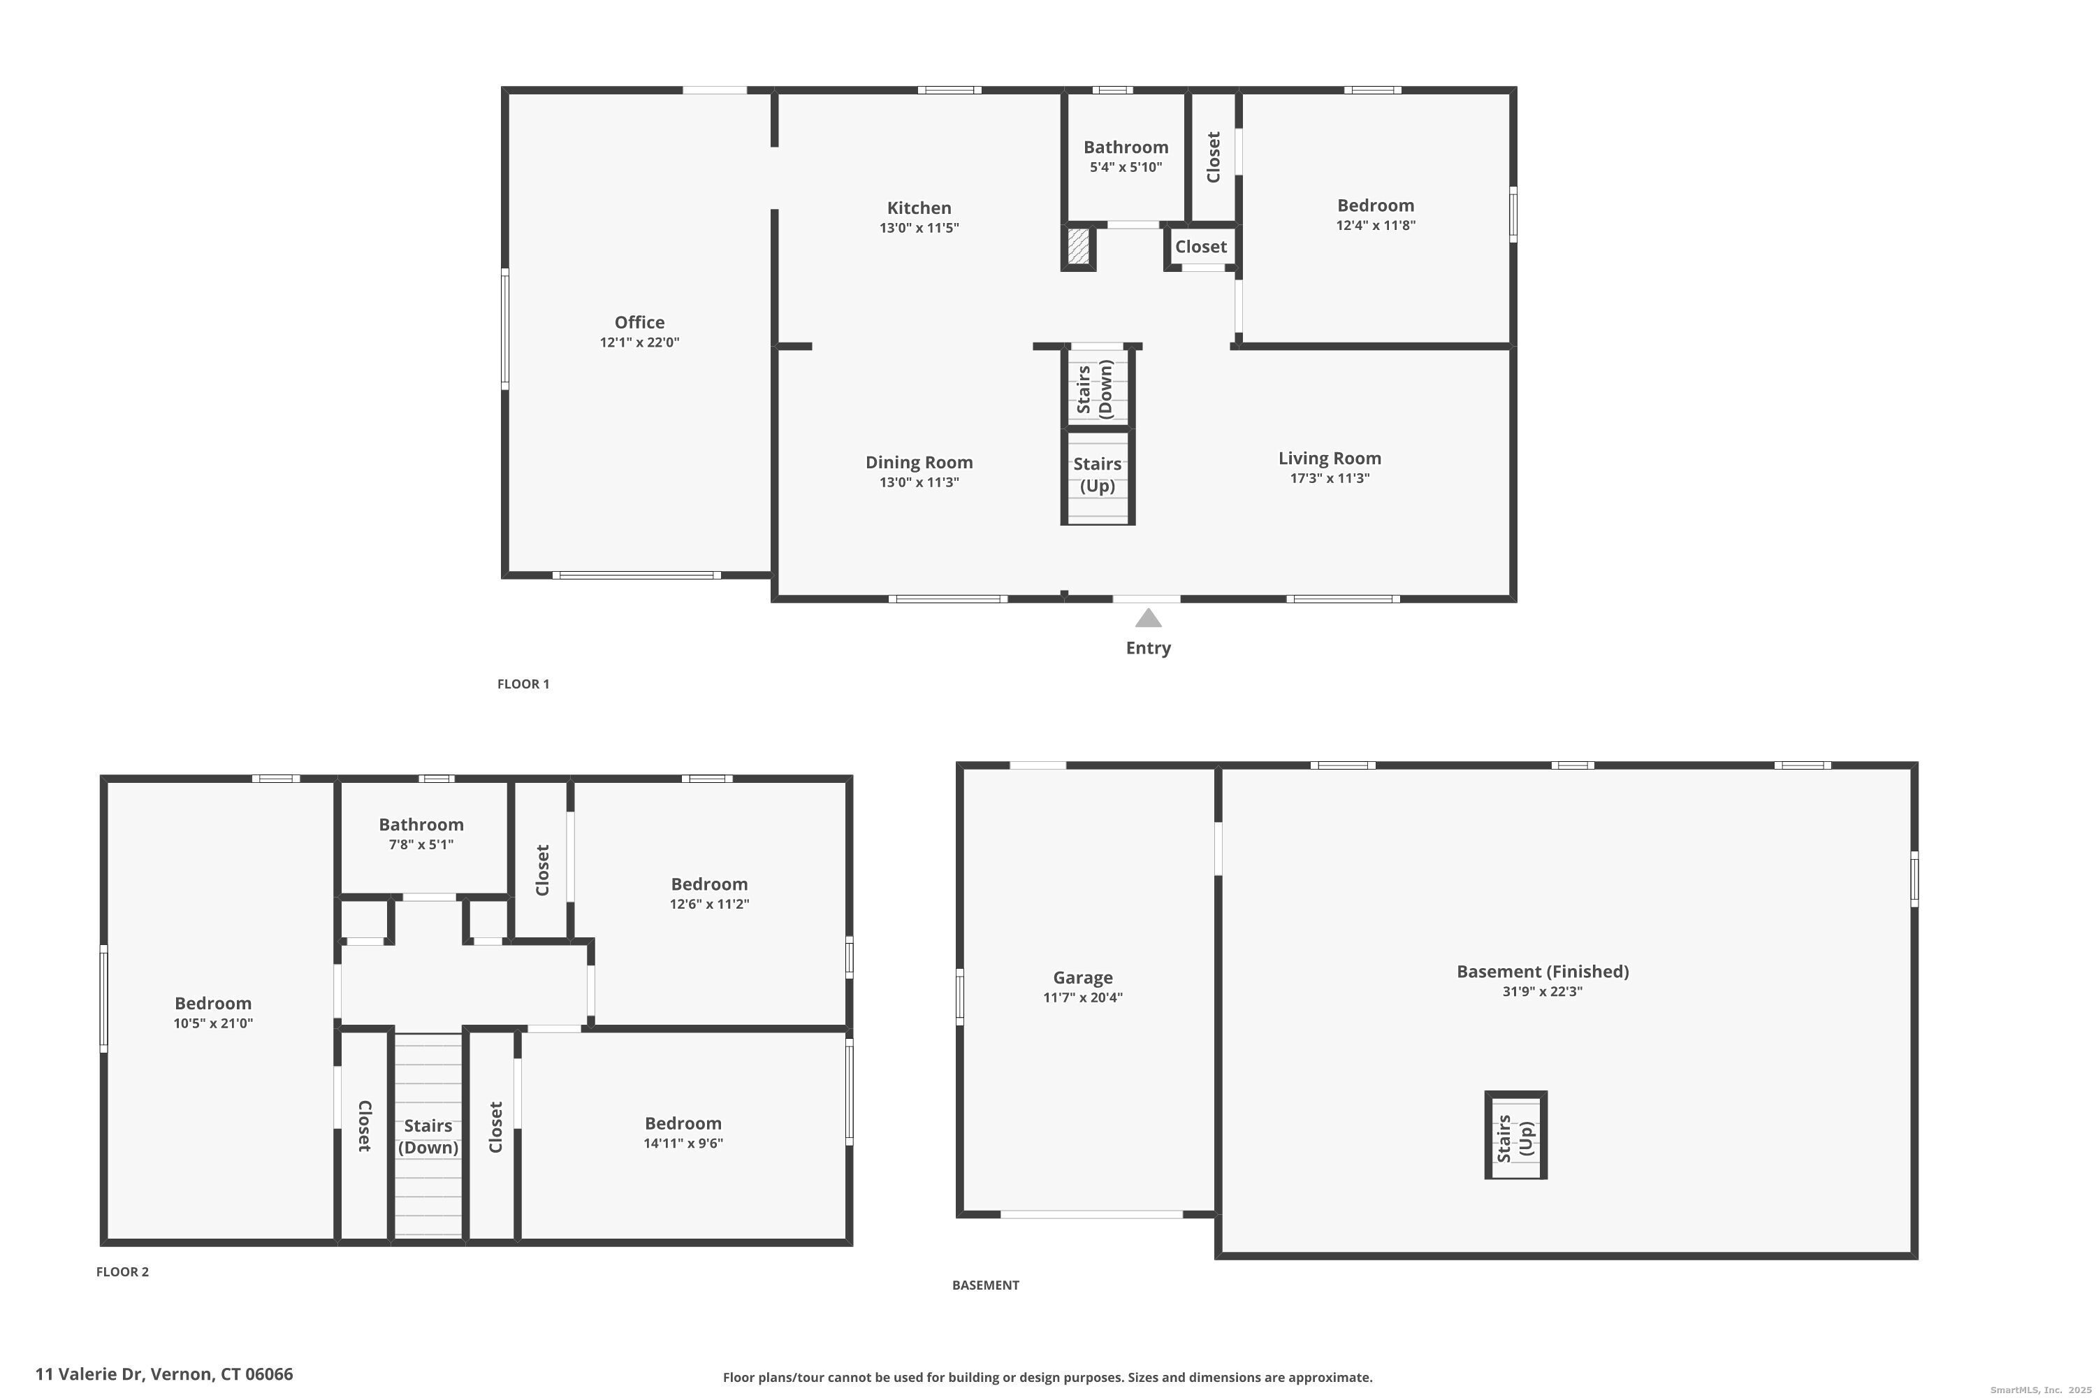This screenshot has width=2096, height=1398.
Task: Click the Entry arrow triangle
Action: pyautogui.click(x=1148, y=618)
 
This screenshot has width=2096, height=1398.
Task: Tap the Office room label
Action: pyautogui.click(x=639, y=322)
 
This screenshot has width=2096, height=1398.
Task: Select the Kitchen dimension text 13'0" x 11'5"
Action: pyautogui.click(x=919, y=227)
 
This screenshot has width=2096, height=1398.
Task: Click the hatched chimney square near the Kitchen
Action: pyautogui.click(x=1078, y=246)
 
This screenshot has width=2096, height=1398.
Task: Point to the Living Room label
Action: pyautogui.click(x=1329, y=459)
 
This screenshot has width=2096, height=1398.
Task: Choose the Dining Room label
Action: pyautogui.click(x=919, y=462)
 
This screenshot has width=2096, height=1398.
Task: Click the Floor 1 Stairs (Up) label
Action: pyautogui.click(x=1097, y=475)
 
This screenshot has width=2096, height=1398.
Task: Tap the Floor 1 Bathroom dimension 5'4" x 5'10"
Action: pyautogui.click(x=1126, y=167)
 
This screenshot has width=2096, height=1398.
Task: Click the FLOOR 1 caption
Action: pyautogui.click(x=523, y=684)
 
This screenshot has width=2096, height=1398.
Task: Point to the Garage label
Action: pyautogui.click(x=1083, y=977)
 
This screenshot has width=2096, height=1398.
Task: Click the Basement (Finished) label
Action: pyautogui.click(x=1542, y=971)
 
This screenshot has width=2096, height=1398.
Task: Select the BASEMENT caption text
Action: pyautogui.click(x=984, y=1285)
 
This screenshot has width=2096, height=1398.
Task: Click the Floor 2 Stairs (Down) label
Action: pyautogui.click(x=428, y=1136)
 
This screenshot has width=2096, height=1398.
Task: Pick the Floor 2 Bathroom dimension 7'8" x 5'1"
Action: pyautogui.click(x=421, y=844)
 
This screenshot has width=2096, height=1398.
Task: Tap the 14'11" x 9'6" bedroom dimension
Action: pyautogui.click(x=683, y=1143)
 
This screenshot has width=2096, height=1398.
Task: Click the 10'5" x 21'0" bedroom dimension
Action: pyautogui.click(x=213, y=1023)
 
